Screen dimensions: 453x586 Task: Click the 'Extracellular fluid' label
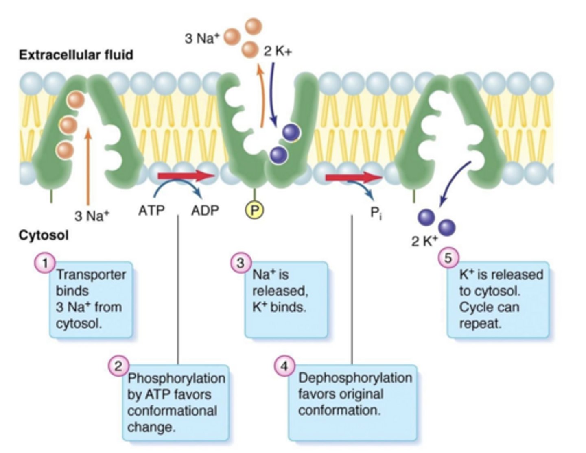coord(76,54)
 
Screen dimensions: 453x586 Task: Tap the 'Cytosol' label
coord(44,235)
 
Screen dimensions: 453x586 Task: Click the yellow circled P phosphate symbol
coord(254,210)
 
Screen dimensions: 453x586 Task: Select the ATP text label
coord(151,210)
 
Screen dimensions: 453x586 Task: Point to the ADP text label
coord(205,210)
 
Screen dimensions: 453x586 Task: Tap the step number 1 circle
coord(45,263)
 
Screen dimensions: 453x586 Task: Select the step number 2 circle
coord(118,366)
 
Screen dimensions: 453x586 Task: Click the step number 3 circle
coord(241,263)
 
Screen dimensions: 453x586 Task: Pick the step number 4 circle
coord(284,366)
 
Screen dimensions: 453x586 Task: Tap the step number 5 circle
coord(448,258)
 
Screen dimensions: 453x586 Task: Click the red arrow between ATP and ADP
coord(186,176)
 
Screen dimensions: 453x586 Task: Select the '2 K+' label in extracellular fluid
coord(278,52)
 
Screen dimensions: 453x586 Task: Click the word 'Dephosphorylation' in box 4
coord(355,378)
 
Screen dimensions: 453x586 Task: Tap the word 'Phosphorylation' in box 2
coord(176,378)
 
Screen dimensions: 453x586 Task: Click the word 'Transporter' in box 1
coord(91,274)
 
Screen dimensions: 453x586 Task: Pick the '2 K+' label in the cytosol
coord(424,241)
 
